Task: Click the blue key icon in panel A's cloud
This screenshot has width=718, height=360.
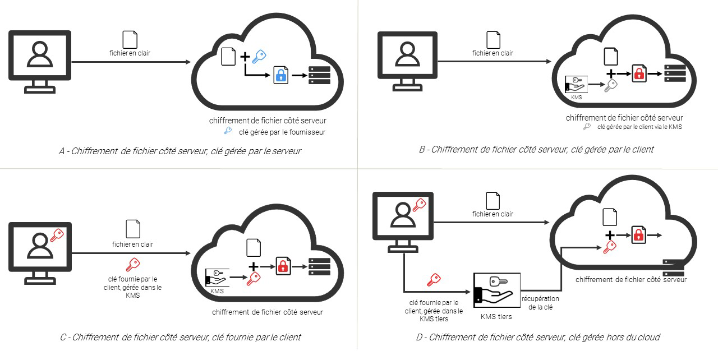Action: pyautogui.click(x=259, y=55)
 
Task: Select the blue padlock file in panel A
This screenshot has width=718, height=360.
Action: pyautogui.click(x=280, y=75)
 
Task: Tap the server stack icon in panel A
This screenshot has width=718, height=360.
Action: pyautogui.click(x=320, y=75)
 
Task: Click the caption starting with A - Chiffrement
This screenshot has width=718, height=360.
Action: pyautogui.click(x=179, y=151)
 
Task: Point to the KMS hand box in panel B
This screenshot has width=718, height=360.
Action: pyautogui.click(x=576, y=85)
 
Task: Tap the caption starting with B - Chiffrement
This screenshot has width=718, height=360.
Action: pyautogui.click(x=536, y=149)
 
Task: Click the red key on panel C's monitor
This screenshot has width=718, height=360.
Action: pyautogui.click(x=57, y=235)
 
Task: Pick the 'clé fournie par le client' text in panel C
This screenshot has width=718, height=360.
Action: pyautogui.click(x=132, y=287)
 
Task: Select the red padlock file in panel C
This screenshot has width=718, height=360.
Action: pyautogui.click(x=283, y=265)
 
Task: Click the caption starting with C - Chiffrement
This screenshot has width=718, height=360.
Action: pyautogui.click(x=180, y=337)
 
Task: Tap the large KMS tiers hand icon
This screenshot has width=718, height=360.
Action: pyautogui.click(x=496, y=290)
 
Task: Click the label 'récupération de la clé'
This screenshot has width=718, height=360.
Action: pyautogui.click(x=540, y=303)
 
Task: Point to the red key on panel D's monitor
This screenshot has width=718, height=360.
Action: pyautogui.click(x=419, y=205)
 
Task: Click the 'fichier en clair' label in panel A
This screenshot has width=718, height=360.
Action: pyautogui.click(x=130, y=53)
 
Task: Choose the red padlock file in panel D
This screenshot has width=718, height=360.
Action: pyautogui.click(x=639, y=234)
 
